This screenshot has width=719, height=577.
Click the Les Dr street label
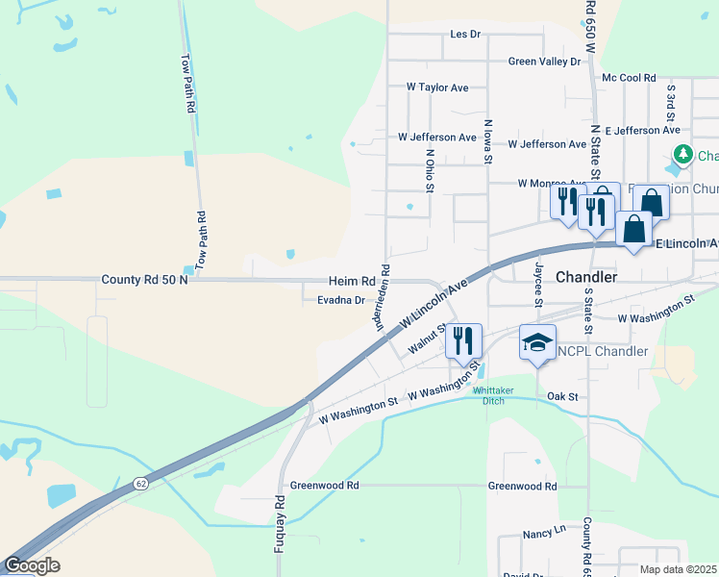click(464, 34)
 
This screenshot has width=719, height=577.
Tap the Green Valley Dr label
click(545, 62)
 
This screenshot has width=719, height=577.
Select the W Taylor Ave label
click(437, 88)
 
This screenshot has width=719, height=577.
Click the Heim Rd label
click(352, 281)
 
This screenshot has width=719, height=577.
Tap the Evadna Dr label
click(341, 300)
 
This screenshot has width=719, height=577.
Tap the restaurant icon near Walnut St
click(463, 340)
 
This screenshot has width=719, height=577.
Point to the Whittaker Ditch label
click(487, 394)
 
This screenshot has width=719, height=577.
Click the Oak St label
click(561, 396)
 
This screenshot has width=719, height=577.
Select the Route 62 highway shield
click(141, 482)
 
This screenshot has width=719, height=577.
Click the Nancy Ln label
click(544, 532)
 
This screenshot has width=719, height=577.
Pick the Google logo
click(32, 565)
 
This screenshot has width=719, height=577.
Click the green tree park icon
click(683, 154)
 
